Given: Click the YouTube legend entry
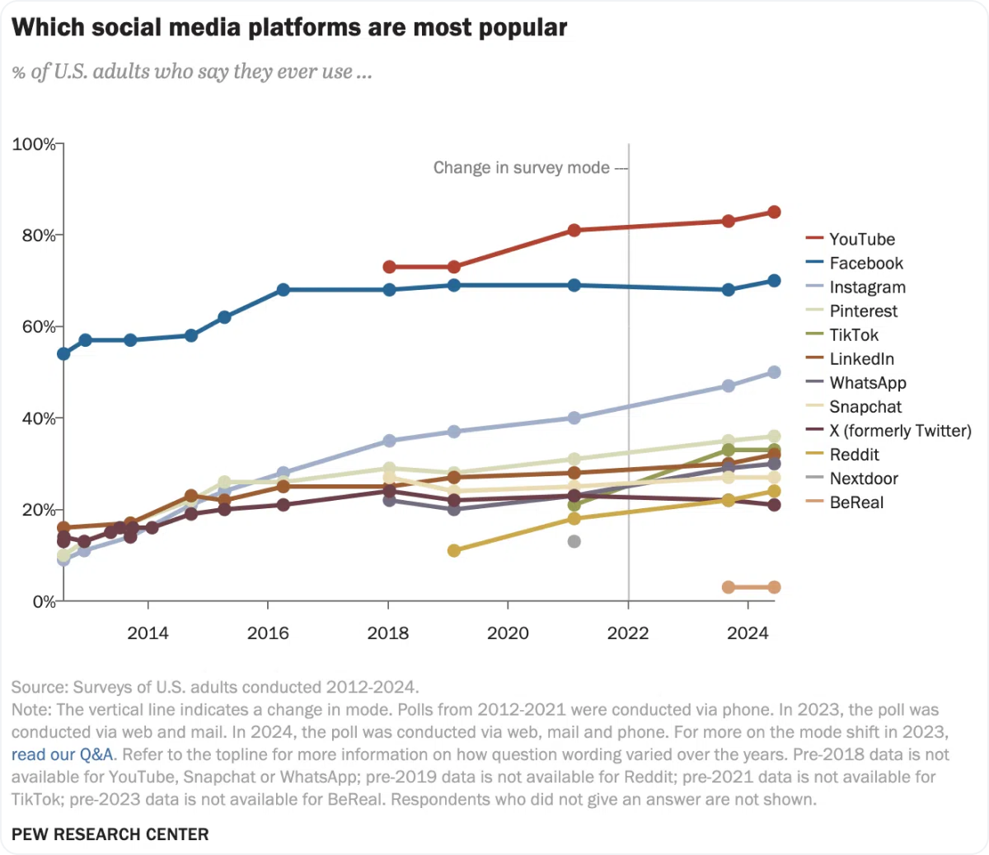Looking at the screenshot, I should click(x=861, y=240).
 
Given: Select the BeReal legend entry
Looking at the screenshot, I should click(x=856, y=502).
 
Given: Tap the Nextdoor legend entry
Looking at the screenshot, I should click(x=864, y=479).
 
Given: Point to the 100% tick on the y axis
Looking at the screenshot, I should click(x=34, y=144).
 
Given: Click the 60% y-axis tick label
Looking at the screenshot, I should click(x=34, y=327).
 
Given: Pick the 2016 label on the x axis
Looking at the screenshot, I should click(x=268, y=633).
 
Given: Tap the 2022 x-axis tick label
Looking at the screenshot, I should click(x=628, y=633).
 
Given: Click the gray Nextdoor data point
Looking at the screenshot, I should click(x=574, y=541).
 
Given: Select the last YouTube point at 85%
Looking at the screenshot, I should click(x=774, y=212).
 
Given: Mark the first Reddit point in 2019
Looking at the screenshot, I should click(x=453, y=550).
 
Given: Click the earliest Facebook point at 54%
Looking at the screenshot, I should click(x=63, y=353).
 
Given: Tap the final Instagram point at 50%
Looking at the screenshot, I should click(x=774, y=372).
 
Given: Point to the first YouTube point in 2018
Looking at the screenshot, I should click(x=389, y=267).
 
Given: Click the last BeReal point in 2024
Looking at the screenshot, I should click(x=774, y=587).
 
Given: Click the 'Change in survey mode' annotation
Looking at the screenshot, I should click(x=521, y=168).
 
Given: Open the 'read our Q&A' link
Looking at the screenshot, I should click(x=63, y=755).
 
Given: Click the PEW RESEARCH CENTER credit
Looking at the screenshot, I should click(x=110, y=834).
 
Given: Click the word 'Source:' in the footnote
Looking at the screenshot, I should click(x=40, y=687).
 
